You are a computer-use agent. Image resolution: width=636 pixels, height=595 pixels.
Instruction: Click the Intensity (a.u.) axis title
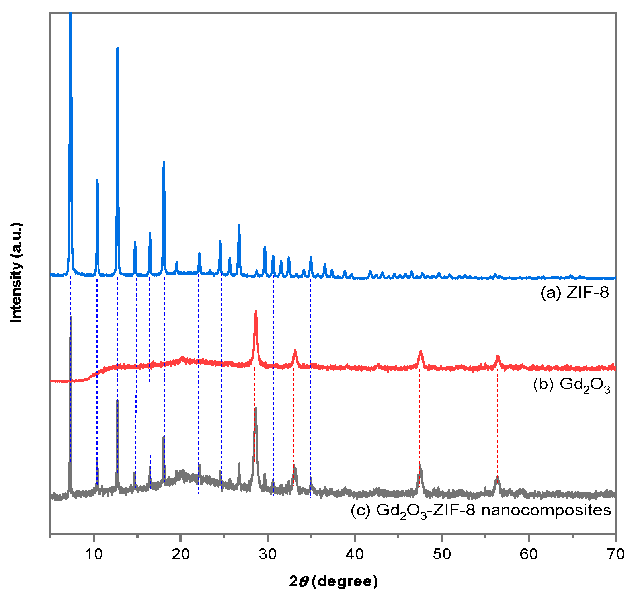pyautogui.click(x=16, y=273)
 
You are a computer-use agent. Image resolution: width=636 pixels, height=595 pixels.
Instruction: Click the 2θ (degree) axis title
pyautogui.click(x=333, y=581)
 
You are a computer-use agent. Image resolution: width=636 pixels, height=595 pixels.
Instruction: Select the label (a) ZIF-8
pyautogui.click(x=574, y=293)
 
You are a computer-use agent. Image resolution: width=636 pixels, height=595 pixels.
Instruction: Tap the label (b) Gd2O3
pyautogui.click(x=571, y=385)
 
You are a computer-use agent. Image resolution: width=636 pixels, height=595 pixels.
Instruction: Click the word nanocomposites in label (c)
pyautogui.click(x=546, y=510)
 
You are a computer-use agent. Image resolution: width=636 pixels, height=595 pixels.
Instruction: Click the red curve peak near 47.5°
pyautogui.click(x=420, y=352)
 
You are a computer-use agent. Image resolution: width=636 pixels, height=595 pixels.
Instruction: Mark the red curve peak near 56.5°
pyautogui.click(x=497, y=357)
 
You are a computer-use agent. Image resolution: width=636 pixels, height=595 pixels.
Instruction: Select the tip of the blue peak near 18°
pyautogui.click(x=164, y=162)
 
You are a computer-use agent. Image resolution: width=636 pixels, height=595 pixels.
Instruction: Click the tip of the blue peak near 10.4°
pyautogui.click(x=97, y=180)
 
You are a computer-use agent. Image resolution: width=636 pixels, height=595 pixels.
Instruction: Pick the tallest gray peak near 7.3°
pyautogui.click(x=70, y=318)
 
